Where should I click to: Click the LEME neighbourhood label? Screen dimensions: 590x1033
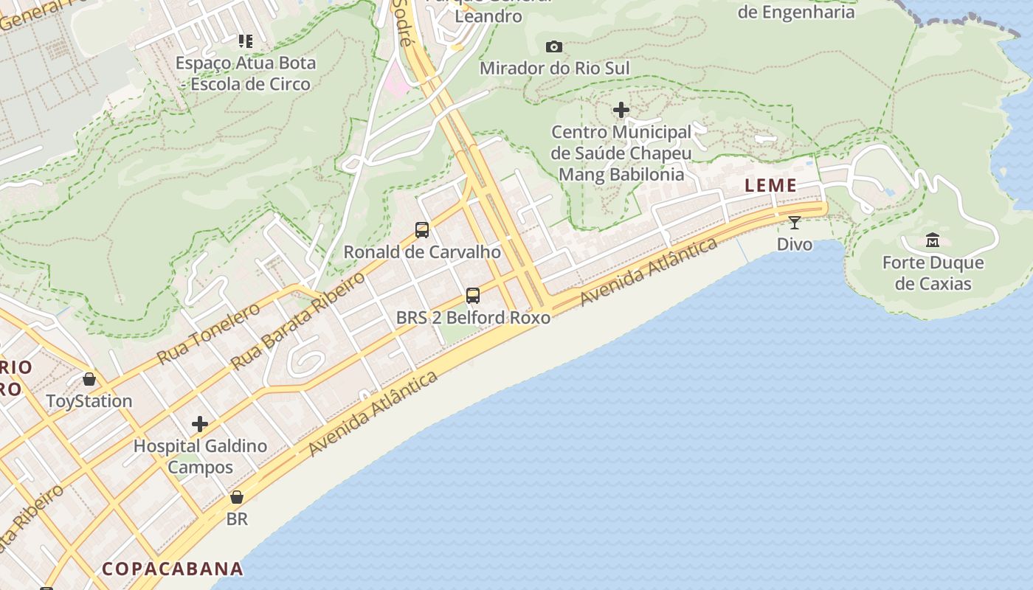[770, 186]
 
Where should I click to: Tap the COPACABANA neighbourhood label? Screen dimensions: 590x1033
[173, 569]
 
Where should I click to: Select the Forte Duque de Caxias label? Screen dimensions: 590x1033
[933, 274]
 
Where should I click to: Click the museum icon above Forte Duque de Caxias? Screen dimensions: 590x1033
[933, 240]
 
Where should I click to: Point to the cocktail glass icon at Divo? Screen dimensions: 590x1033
[795, 223]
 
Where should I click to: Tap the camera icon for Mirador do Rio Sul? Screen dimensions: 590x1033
[554, 47]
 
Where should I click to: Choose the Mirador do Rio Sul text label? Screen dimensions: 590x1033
[555, 69]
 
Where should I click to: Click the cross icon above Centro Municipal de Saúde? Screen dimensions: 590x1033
[621, 111]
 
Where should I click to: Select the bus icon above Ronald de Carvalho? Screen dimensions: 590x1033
[422, 230]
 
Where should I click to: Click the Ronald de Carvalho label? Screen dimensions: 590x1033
[422, 252]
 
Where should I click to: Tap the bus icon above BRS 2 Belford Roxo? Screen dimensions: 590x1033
[473, 296]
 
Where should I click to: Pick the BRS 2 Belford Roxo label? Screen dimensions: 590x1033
[473, 318]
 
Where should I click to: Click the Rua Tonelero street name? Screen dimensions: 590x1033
[208, 334]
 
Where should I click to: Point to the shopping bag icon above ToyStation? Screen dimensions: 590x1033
[89, 379]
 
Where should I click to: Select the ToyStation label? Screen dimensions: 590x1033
[89, 401]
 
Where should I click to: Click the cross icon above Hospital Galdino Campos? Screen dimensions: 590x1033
[200, 424]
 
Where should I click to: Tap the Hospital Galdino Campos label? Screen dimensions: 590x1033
[200, 457]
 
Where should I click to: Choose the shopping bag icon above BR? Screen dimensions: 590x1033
[237, 497]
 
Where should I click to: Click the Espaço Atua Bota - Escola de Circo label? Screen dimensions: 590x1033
[246, 74]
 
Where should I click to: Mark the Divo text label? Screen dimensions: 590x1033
[795, 244]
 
